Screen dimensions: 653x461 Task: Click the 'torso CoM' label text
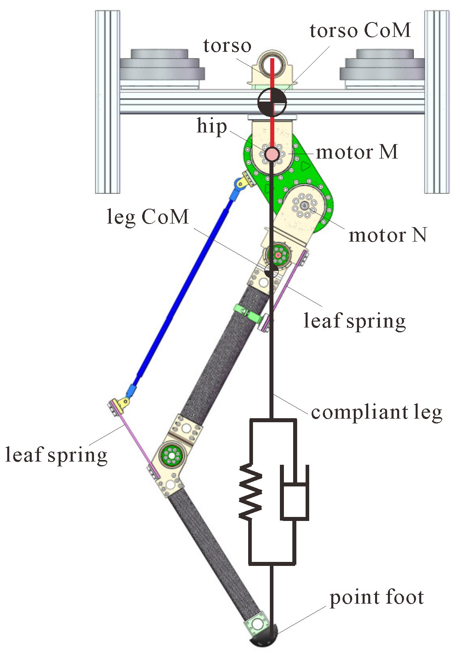360,31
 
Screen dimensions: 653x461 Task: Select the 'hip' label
212,127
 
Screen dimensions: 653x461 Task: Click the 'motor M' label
357,152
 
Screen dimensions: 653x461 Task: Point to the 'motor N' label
388,235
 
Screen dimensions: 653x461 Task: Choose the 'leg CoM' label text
148,217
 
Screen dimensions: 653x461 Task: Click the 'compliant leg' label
376,413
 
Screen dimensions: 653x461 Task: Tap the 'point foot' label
376,597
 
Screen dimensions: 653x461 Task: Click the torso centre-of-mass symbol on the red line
272,102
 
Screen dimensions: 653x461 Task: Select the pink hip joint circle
272,154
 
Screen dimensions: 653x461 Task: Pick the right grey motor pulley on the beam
382,66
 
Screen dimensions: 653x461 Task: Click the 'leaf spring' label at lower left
56,455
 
